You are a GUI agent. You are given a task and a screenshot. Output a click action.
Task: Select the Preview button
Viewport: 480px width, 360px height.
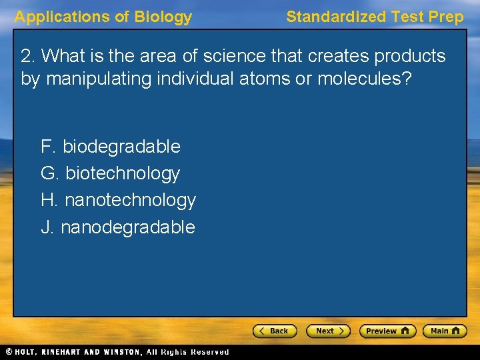387,331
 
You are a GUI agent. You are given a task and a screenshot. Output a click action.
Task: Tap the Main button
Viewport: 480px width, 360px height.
446,331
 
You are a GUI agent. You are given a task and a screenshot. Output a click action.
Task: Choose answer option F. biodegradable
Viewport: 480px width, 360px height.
111,146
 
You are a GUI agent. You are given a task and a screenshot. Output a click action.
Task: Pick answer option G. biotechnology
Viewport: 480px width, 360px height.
111,173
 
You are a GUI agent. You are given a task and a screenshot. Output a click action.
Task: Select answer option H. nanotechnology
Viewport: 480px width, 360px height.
118,200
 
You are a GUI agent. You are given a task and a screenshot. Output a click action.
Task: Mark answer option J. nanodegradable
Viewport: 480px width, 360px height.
118,227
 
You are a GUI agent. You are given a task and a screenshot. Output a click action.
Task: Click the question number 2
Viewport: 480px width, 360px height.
27,56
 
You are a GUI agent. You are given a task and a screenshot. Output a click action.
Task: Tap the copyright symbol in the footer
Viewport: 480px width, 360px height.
8,352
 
